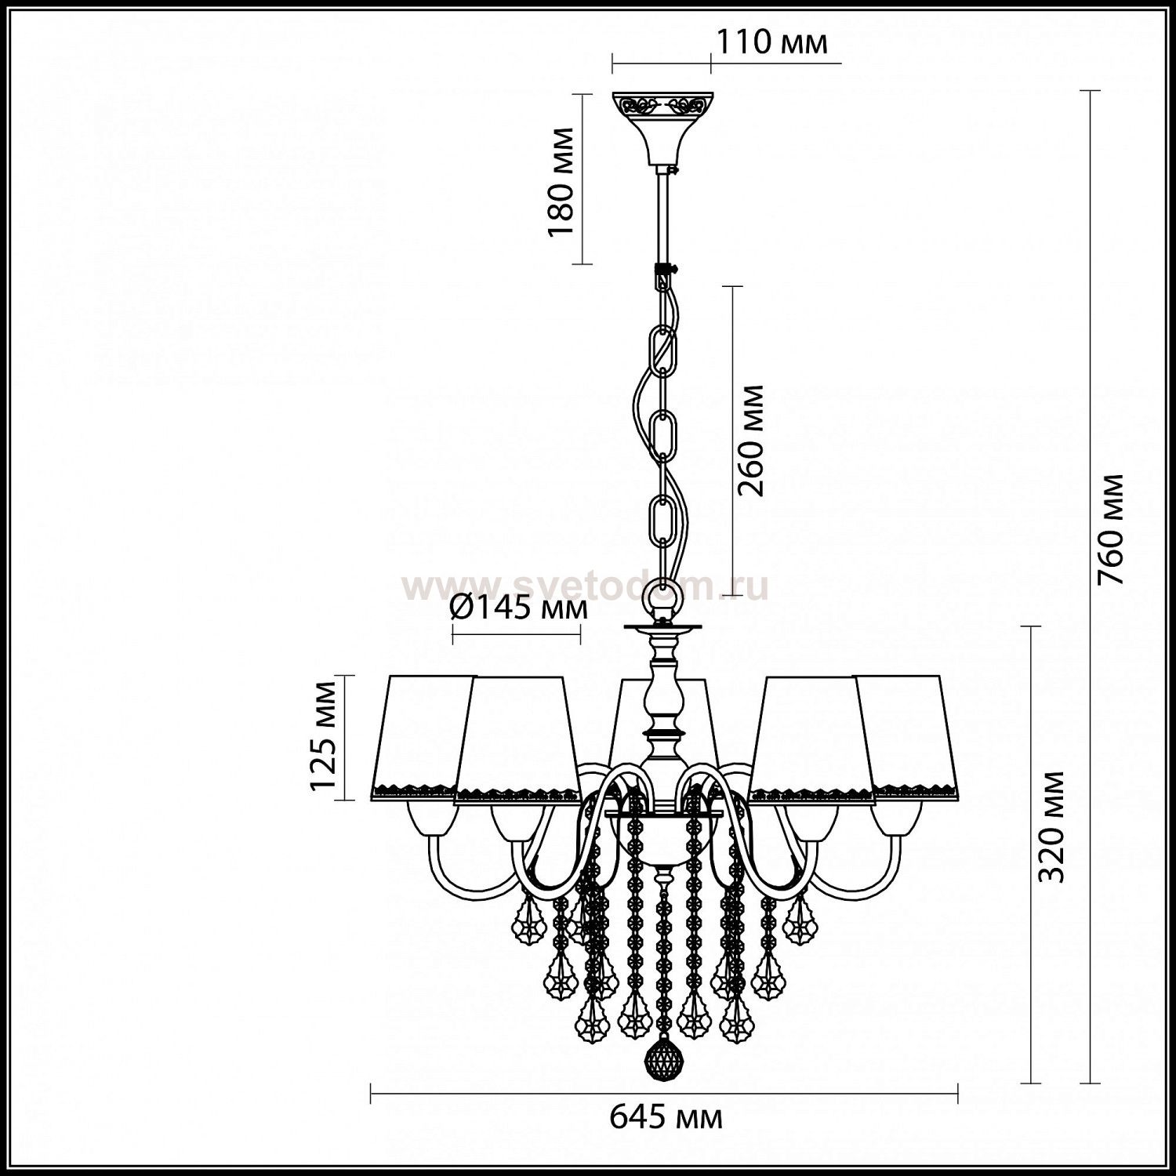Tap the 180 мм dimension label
[x=561, y=182]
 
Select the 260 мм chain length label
[x=751, y=440]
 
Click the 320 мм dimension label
[x=1051, y=827]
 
